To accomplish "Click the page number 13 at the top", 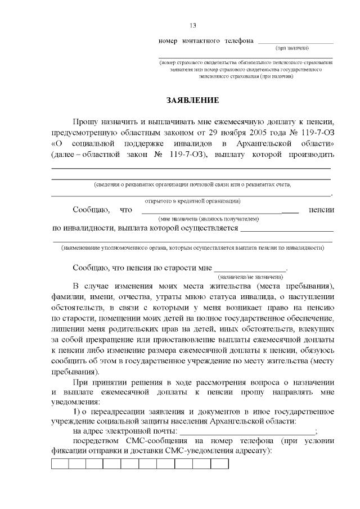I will pos(192,25).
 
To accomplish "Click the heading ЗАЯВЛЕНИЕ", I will pos(192,100).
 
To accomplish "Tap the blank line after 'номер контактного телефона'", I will pos(295,42).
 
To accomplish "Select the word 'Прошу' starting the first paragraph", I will pos(85,122).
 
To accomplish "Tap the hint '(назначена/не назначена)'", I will pos(250,277).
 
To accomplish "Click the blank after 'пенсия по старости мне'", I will pos(250,269).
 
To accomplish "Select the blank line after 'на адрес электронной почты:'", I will pos(247,431).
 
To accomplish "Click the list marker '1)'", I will pos(77,412).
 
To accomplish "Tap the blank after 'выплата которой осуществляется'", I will pos(287,229).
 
